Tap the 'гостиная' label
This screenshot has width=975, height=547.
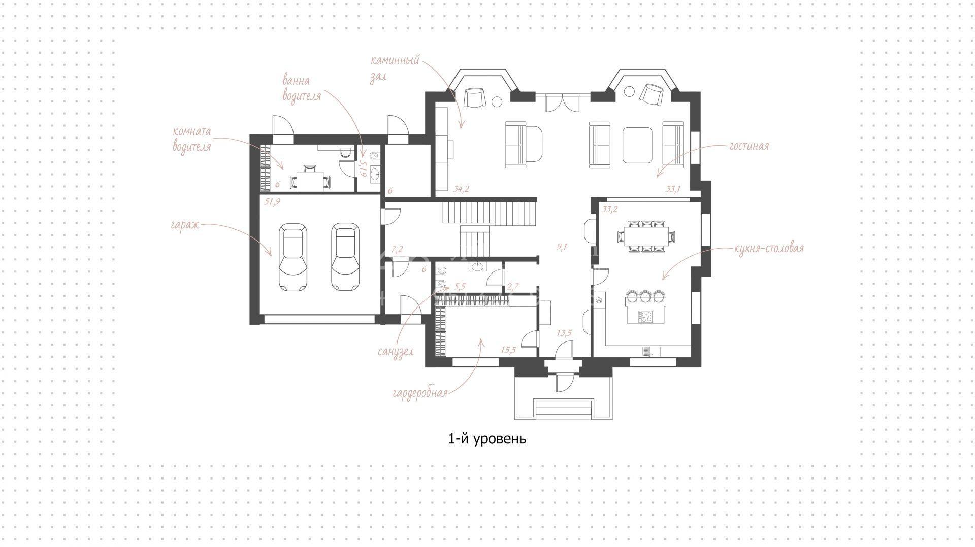point(749,146)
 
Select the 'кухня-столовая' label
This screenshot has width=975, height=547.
point(769,249)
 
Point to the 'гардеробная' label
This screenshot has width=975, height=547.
point(420,393)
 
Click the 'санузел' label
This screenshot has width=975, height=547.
point(396,351)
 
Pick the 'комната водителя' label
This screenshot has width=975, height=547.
point(191,139)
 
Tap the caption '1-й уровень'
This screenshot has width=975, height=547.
point(487,439)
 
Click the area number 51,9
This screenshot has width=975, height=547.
point(273,202)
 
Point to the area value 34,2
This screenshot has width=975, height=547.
point(461,189)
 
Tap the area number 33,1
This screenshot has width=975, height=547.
point(673,189)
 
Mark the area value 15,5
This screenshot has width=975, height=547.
point(508,350)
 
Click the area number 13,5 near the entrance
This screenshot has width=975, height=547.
point(564,333)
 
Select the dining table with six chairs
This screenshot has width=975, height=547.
point(646,236)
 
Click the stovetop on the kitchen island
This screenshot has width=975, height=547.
point(645,317)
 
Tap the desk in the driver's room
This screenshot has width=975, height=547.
point(308,180)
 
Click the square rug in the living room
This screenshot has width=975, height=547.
point(637,145)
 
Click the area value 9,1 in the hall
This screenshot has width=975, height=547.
point(562,247)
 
